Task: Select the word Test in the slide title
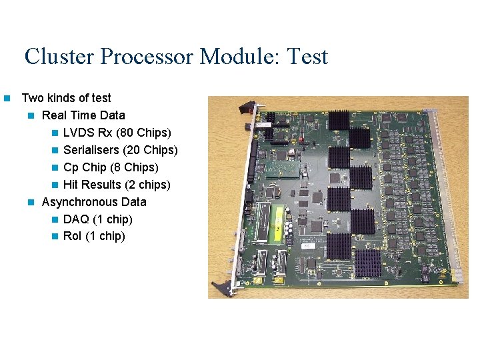[307, 56]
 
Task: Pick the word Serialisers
[92, 150]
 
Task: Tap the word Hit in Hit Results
[70, 185]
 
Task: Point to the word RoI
[72, 237]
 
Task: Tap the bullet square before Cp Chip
[55, 168]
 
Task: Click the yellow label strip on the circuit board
[266, 223]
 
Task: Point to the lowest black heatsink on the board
[367, 263]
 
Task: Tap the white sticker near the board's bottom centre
[309, 246]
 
